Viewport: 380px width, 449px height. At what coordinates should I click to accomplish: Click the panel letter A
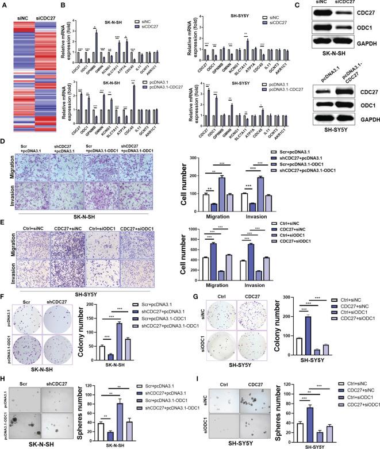5,5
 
